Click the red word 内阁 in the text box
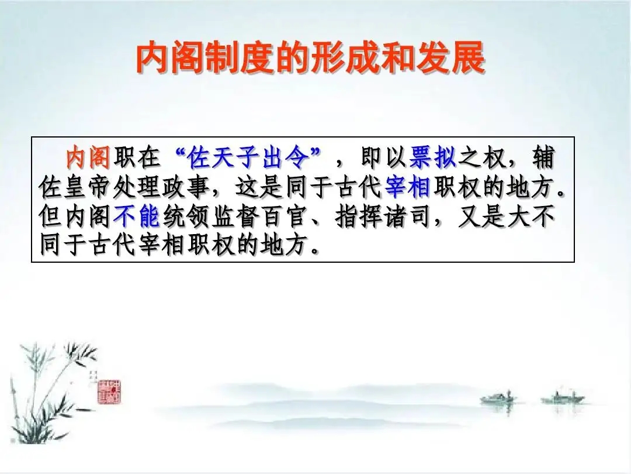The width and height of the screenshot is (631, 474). tap(88, 157)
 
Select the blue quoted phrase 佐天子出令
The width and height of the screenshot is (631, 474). tap(248, 157)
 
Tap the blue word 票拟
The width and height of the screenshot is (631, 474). tap(432, 157)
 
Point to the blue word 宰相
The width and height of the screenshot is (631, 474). tap(408, 187)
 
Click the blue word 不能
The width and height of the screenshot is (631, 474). tap(137, 217)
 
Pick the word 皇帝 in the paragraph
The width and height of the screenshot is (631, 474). tap(87, 187)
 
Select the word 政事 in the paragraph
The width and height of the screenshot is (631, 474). tap(186, 187)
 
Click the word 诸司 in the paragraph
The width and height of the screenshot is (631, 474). tap(408, 217)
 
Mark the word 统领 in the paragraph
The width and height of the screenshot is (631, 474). tap(186, 217)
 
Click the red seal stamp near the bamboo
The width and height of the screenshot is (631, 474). tap(109, 391)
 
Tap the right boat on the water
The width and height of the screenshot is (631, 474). tap(562, 399)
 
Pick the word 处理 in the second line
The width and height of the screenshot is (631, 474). tap(136, 187)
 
